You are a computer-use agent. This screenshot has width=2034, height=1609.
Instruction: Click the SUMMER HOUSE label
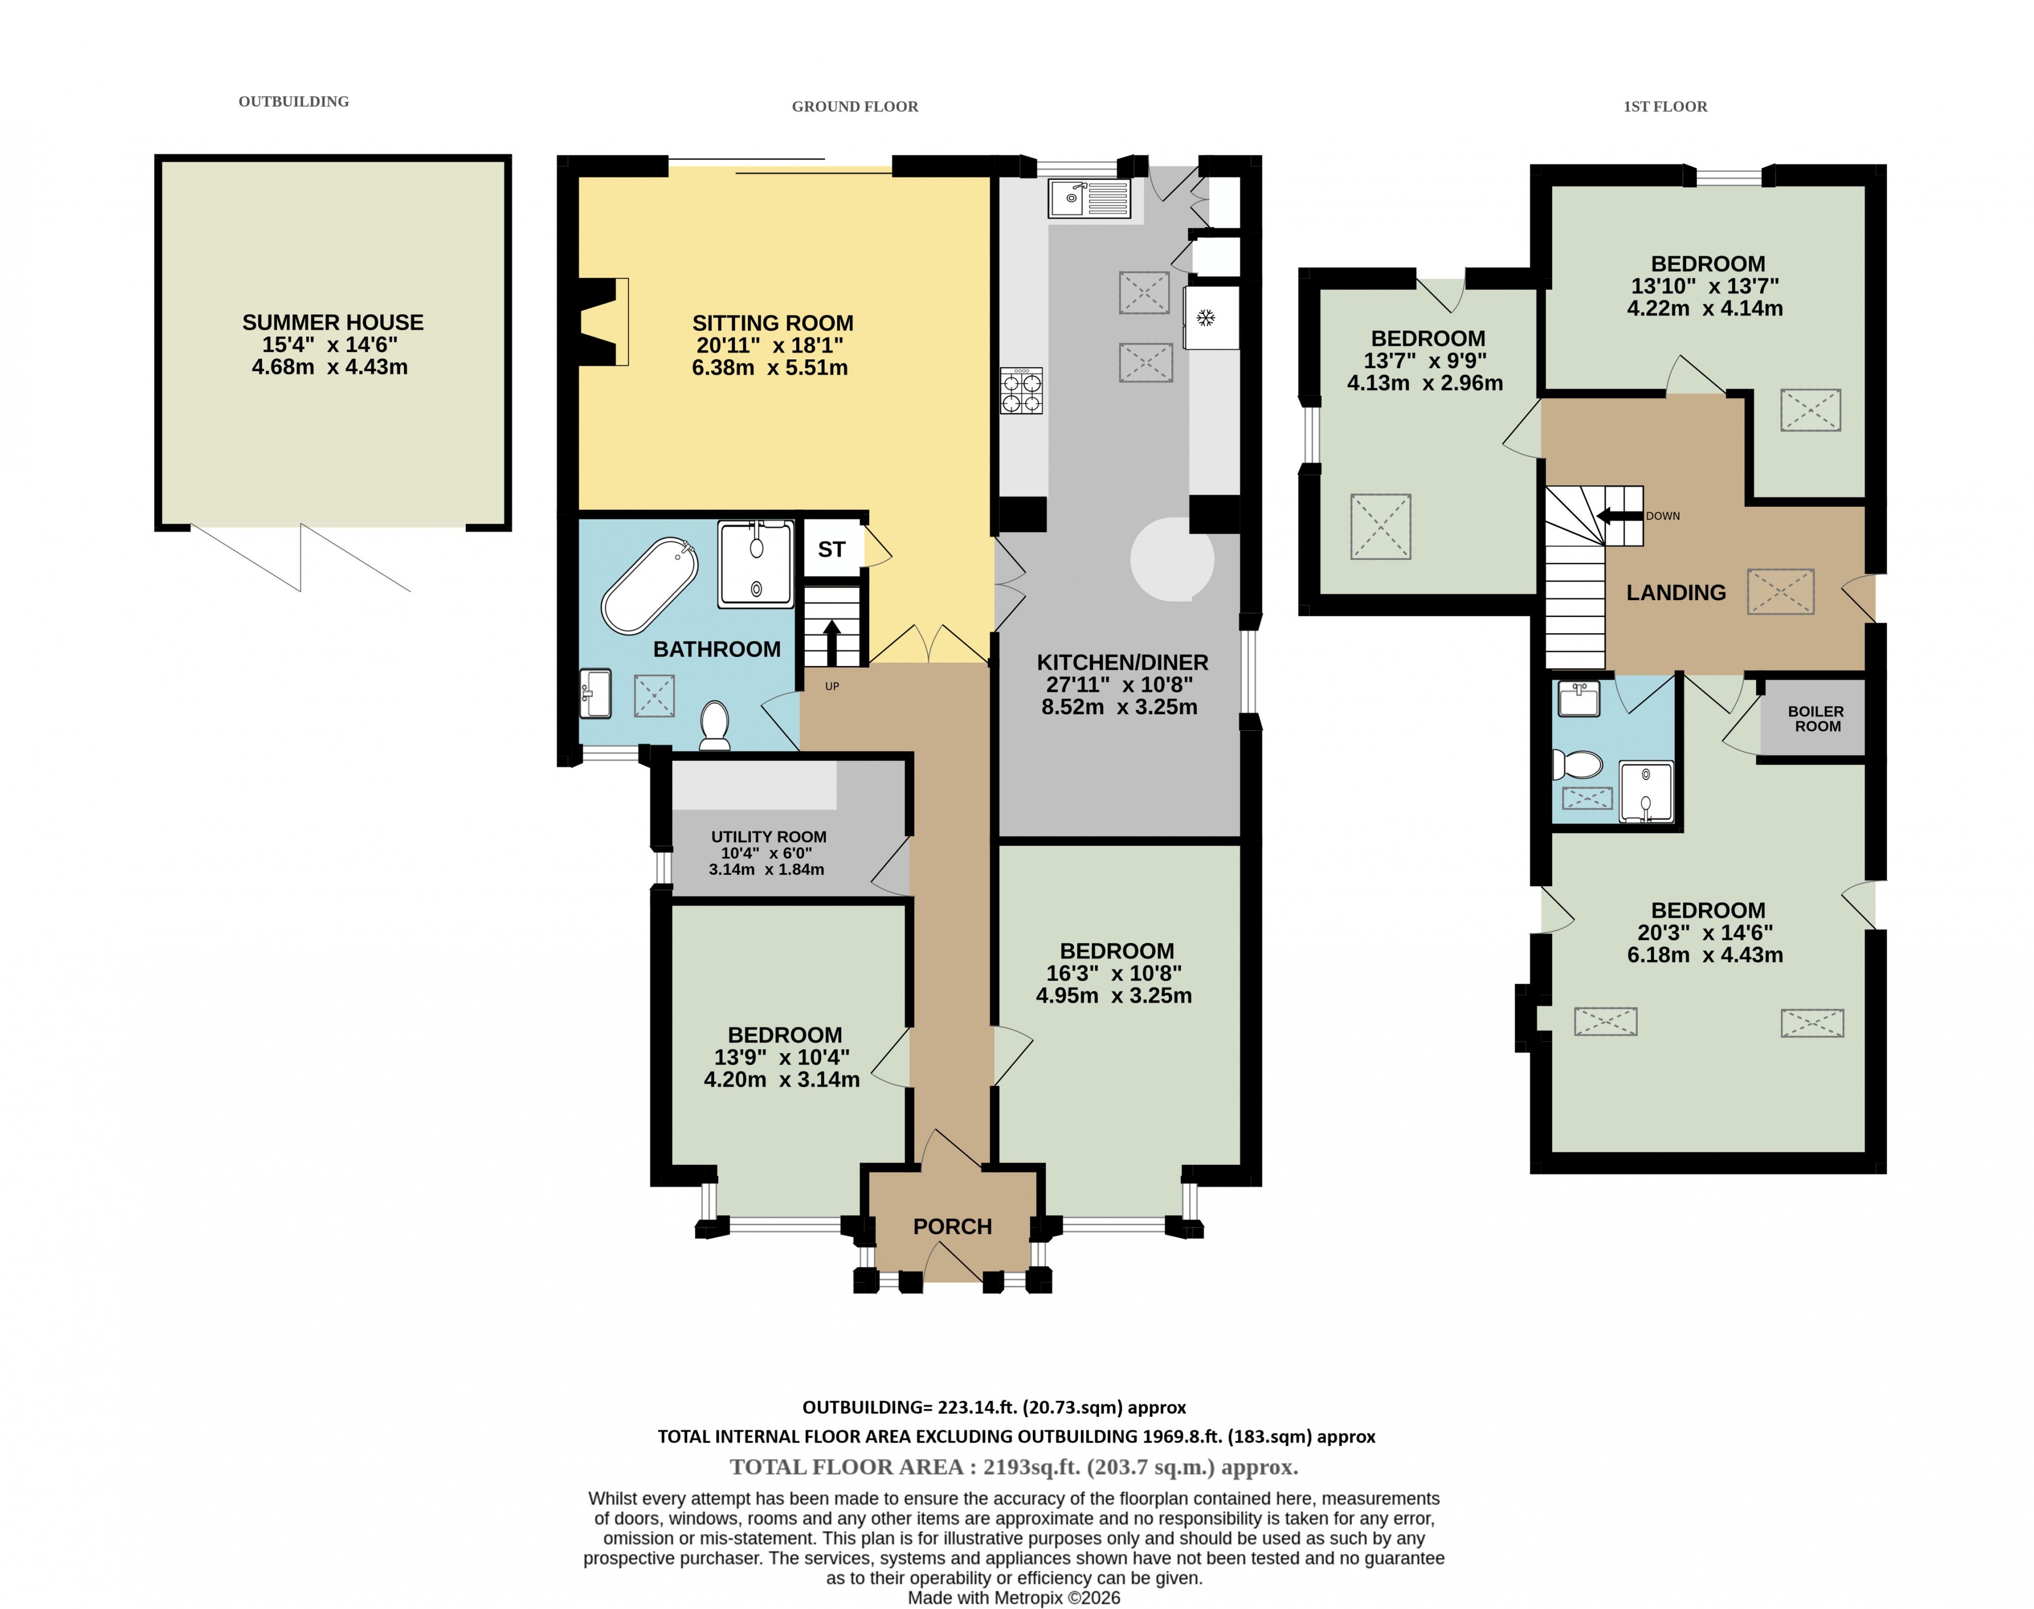pyautogui.click(x=332, y=322)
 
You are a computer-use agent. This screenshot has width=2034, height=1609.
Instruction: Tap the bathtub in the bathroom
pyautogui.click(x=650, y=586)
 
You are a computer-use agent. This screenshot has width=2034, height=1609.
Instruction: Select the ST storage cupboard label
pyautogui.click(x=832, y=549)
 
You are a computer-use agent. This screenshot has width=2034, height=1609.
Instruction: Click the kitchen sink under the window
pyautogui.click(x=1090, y=198)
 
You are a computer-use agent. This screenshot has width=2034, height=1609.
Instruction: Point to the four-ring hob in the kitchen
pyautogui.click(x=1022, y=391)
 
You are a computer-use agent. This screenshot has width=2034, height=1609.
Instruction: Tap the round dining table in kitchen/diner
pyautogui.click(x=1172, y=558)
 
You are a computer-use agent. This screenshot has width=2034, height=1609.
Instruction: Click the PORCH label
pyautogui.click(x=952, y=1227)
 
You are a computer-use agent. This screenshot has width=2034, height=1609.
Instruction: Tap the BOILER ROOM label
pyautogui.click(x=1817, y=719)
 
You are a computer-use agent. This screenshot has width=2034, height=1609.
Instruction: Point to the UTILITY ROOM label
pyautogui.click(x=768, y=836)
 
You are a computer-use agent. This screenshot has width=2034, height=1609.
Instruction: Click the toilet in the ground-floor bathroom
pyautogui.click(x=716, y=726)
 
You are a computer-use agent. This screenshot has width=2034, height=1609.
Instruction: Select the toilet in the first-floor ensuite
pyautogui.click(x=1578, y=763)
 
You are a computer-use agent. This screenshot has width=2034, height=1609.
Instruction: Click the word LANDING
pyautogui.click(x=1676, y=592)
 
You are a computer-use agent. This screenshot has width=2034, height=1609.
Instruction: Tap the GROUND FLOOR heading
pyautogui.click(x=855, y=107)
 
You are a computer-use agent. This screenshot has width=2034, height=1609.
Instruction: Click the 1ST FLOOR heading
pyautogui.click(x=1665, y=107)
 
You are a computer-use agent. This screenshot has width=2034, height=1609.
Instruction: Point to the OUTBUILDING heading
pyautogui.click(x=294, y=102)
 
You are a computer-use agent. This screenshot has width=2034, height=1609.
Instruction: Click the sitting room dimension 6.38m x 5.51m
pyautogui.click(x=769, y=367)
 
